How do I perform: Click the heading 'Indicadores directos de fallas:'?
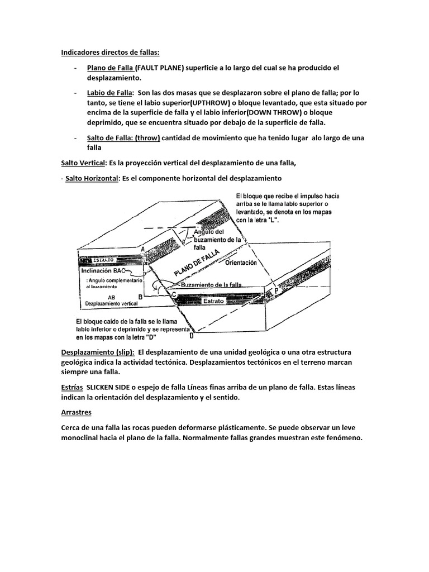click(x=110, y=53)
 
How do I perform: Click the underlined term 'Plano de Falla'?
click(x=110, y=68)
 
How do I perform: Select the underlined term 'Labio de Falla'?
click(x=109, y=93)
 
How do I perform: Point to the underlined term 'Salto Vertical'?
click(x=83, y=163)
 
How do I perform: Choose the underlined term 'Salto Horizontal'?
click(x=92, y=178)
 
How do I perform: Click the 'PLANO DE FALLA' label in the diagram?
click(x=196, y=263)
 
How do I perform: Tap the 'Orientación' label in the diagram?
click(x=241, y=262)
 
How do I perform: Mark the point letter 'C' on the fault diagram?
click(x=174, y=294)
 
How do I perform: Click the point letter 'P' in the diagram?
click(x=275, y=291)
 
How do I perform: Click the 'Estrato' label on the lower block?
click(x=214, y=301)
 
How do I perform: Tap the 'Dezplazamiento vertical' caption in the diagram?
click(x=111, y=304)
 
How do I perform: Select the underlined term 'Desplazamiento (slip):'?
click(x=97, y=353)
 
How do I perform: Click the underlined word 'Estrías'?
click(x=72, y=386)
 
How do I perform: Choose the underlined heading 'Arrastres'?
click(x=76, y=412)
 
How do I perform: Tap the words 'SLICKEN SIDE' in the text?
click(x=113, y=386)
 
